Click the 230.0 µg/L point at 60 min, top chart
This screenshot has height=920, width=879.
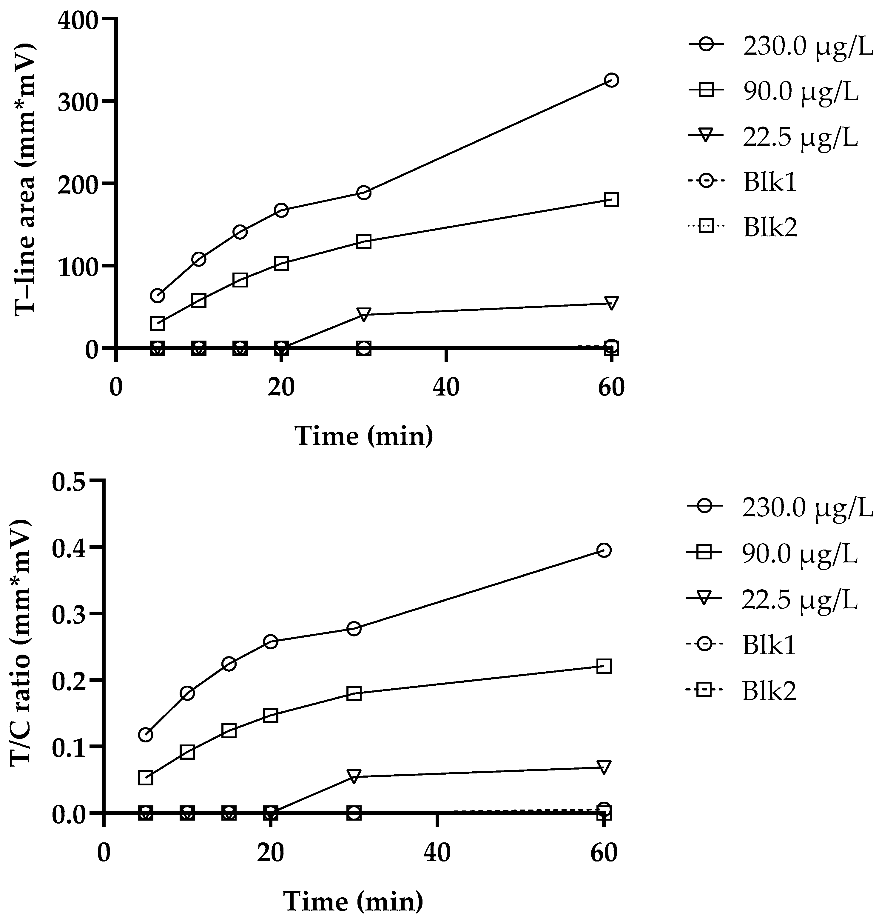611,80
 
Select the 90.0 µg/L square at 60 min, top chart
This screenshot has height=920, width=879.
611,200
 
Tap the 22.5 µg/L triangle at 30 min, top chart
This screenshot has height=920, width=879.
364,314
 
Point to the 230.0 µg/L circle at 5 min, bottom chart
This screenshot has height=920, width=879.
146,734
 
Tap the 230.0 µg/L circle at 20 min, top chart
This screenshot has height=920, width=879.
281,210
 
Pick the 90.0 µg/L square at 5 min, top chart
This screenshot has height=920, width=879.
158,323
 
